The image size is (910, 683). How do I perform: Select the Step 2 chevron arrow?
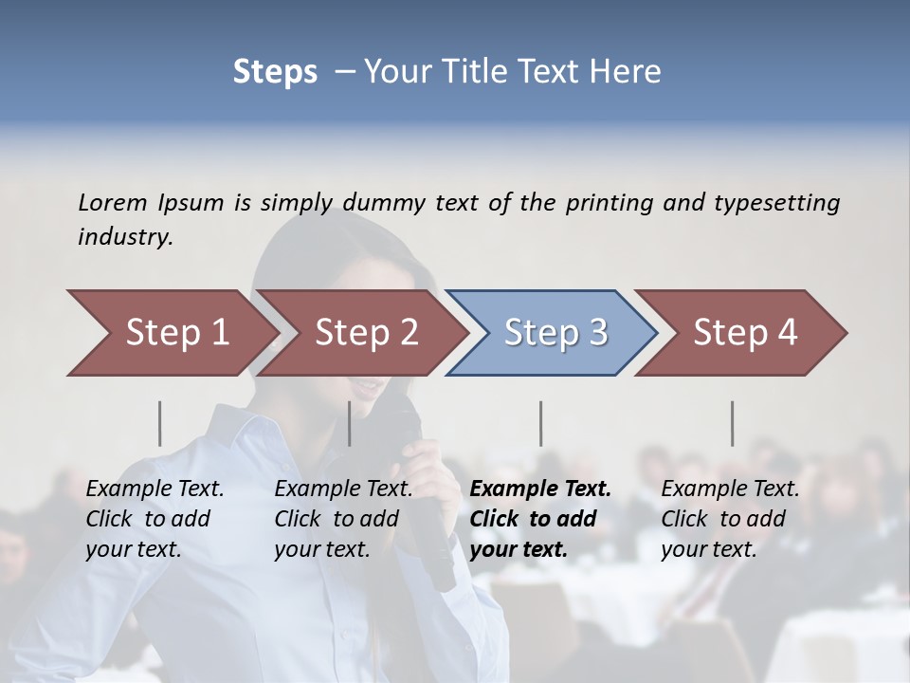click(365, 333)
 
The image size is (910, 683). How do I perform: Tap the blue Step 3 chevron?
click(555, 333)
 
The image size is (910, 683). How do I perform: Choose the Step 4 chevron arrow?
click(744, 333)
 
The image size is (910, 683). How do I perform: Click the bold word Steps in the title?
click(275, 72)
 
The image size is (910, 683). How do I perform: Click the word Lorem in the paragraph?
click(112, 202)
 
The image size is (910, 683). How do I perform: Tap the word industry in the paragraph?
click(124, 237)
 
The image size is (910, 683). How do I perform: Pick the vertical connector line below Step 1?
click(160, 423)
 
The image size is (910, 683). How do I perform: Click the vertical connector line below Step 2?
click(350, 423)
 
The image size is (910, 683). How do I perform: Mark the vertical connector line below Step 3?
click(541, 423)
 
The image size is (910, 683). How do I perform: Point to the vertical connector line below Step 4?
click(733, 423)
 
